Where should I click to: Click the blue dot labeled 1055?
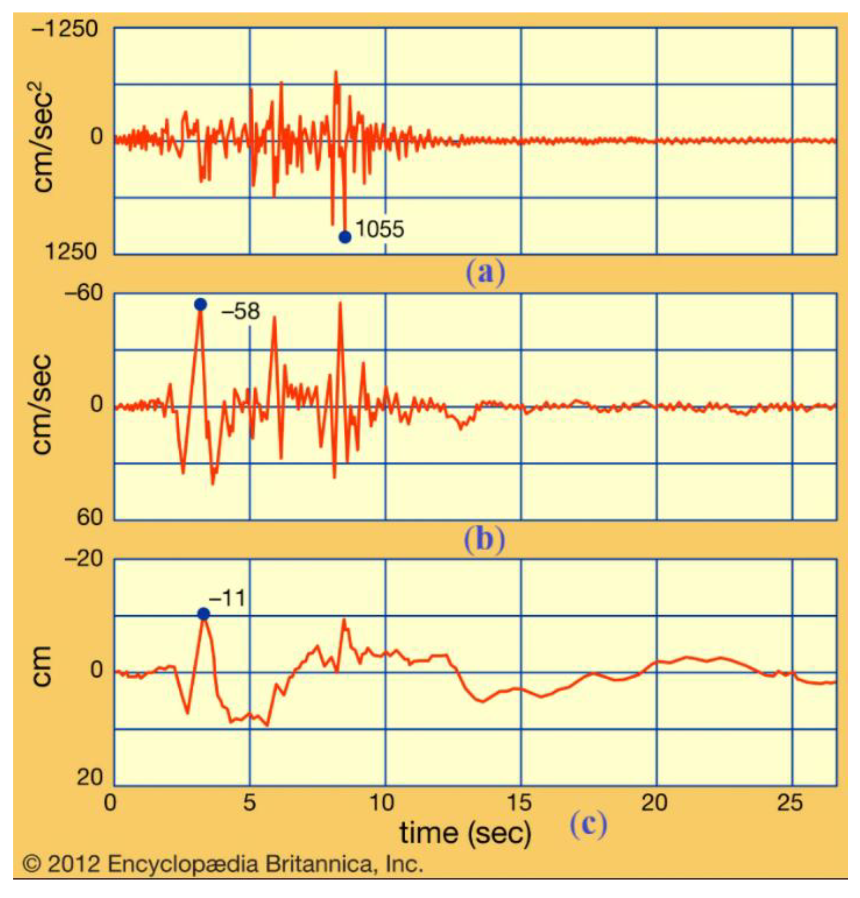(345, 237)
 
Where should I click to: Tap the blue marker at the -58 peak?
(200, 304)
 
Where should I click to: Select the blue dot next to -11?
(204, 614)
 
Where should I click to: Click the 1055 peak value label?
(380, 229)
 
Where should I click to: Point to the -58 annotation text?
(241, 312)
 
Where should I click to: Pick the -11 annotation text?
(227, 599)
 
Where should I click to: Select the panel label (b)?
(485, 540)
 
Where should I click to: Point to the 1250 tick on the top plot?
(71, 251)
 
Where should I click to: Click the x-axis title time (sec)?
(466, 833)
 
